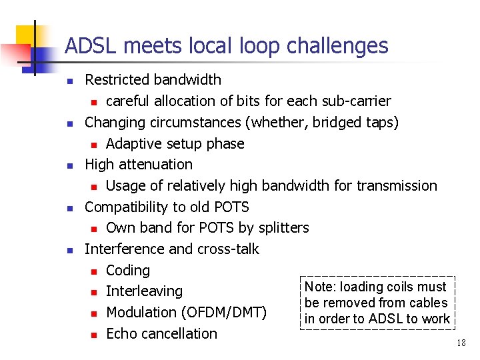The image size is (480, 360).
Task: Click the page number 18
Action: pyautogui.click(x=461, y=343)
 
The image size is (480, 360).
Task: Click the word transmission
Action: pyautogui.click(x=397, y=186)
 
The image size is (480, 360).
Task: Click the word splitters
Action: pyautogui.click(x=283, y=228)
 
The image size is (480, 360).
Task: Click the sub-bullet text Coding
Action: pyautogui.click(x=128, y=271)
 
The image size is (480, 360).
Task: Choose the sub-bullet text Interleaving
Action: pyautogui.click(x=144, y=291)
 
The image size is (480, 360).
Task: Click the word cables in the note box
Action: pyautogui.click(x=423, y=303)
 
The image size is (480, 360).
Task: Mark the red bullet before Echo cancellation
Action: pyautogui.click(x=95, y=334)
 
